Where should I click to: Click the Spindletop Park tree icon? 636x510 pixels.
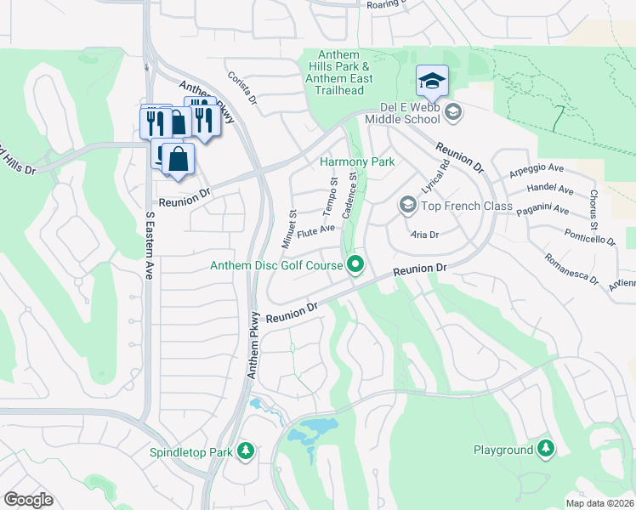coord(246,450)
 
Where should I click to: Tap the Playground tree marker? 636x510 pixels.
coord(545,448)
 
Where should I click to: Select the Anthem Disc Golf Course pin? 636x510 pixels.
coord(355,266)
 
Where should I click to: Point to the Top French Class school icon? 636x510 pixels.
coord(407,206)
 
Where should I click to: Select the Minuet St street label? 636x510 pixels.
coord(289,225)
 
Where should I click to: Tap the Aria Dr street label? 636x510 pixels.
coord(423,235)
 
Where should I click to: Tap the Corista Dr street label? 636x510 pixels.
coord(242,88)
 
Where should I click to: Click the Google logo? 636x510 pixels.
coord(28,500)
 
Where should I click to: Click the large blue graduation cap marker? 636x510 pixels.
coord(431,82)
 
